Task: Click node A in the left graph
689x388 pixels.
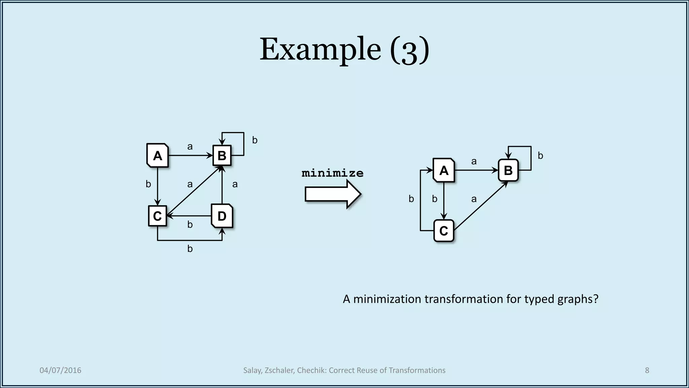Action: click(x=157, y=156)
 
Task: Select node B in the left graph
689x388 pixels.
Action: click(x=222, y=156)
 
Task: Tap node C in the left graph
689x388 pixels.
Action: click(x=157, y=216)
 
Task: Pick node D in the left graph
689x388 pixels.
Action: click(x=222, y=216)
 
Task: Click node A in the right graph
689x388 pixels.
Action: click(x=444, y=170)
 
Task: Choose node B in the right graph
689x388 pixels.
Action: click(x=508, y=170)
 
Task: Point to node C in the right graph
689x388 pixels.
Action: click(x=444, y=231)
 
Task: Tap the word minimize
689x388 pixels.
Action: click(x=332, y=173)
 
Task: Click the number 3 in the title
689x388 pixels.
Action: click(x=409, y=51)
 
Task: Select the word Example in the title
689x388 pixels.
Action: click(x=320, y=50)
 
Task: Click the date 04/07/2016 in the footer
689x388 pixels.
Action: click(x=61, y=370)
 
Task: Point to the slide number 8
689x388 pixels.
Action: click(x=647, y=370)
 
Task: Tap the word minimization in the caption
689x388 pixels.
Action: click(x=387, y=299)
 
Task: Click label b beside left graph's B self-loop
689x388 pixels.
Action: click(x=255, y=140)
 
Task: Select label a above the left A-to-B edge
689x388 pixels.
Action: click(x=190, y=147)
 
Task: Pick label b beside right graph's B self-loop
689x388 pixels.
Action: click(x=540, y=156)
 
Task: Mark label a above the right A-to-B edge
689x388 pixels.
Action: click(x=474, y=161)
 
